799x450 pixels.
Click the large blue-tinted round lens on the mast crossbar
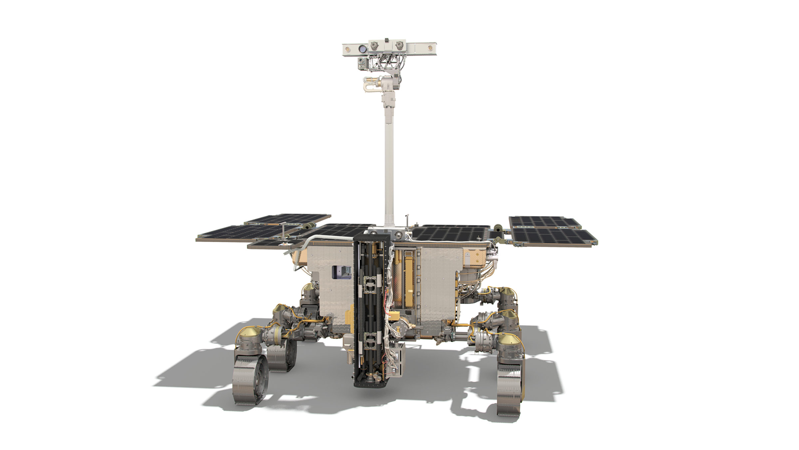pyautogui.click(x=363, y=49)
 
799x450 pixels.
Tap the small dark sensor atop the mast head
pyautogui.click(x=387, y=40)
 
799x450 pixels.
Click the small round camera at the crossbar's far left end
pyautogui.click(x=348, y=49)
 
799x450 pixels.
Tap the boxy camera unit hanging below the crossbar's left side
pyautogui.click(x=362, y=63)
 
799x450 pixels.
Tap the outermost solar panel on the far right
pyautogui.click(x=554, y=237)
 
